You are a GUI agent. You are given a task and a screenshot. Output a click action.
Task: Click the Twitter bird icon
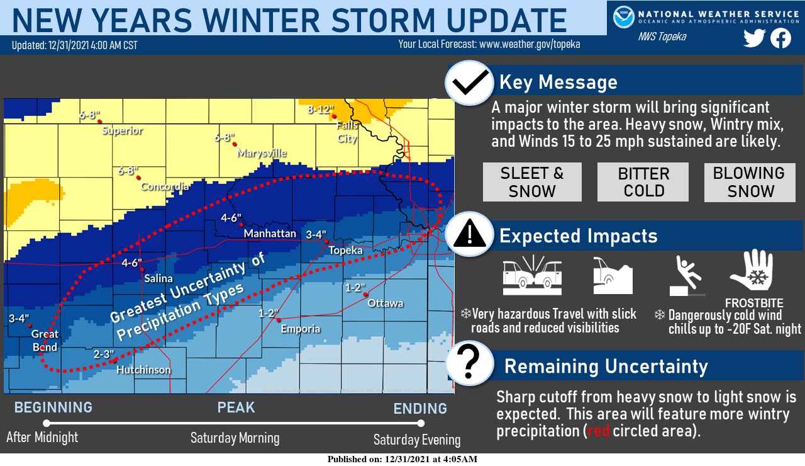754,38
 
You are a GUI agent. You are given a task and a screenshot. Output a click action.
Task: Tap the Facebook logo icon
780,38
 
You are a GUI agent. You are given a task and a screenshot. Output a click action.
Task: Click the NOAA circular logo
623,16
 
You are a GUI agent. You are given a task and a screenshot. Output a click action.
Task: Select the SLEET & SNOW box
532,182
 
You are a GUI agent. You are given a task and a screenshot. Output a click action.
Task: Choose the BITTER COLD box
643,182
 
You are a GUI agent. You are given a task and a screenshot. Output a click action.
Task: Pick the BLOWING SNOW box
748,182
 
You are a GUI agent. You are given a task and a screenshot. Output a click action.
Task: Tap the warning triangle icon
469,234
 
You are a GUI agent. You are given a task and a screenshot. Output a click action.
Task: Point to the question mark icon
469,363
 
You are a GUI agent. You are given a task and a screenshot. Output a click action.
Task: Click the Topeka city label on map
345,251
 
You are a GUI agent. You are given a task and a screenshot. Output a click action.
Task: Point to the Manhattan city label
270,234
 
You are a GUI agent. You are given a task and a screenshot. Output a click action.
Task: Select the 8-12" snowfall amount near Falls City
320,110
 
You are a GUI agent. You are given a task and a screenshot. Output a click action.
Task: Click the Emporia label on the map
300,329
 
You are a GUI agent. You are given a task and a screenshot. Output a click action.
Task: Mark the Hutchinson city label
143,370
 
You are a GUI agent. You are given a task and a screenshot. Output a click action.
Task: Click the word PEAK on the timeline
236,407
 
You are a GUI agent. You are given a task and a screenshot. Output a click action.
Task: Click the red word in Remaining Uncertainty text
597,431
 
